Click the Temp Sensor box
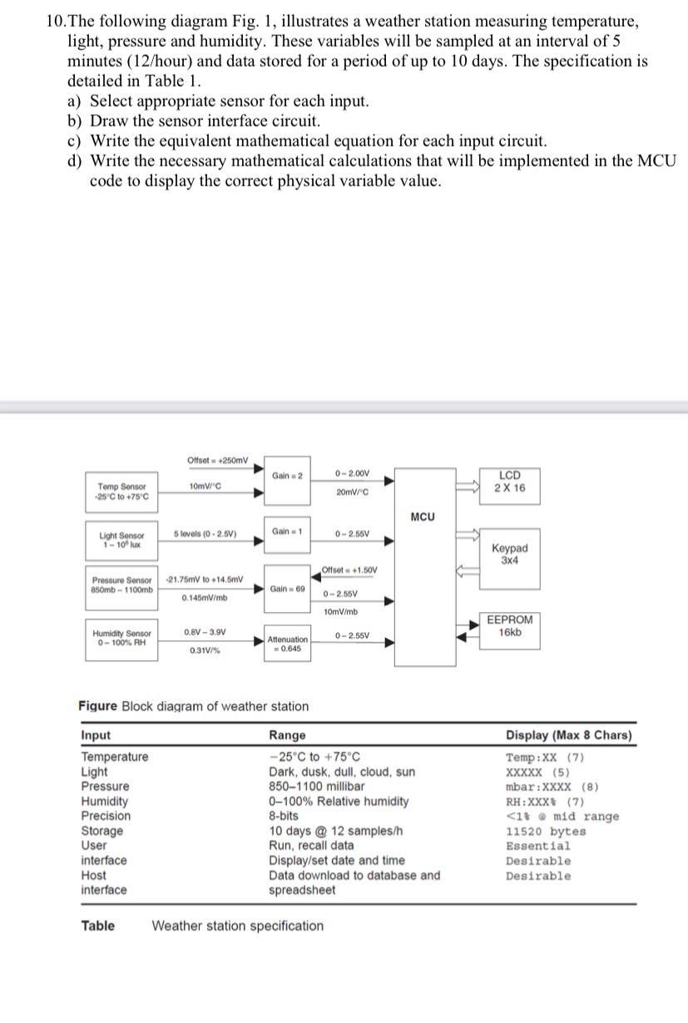tap(121, 492)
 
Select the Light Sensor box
tap(121, 540)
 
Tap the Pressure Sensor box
tap(121, 584)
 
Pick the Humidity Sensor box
tap(121, 639)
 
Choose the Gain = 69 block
tap(287, 589)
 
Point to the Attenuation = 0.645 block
tap(287, 643)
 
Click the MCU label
tap(423, 517)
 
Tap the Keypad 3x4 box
tap(509, 553)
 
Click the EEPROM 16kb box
tap(510, 625)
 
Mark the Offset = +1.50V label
tap(349, 570)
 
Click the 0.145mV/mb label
tap(205, 597)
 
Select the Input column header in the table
tap(96, 735)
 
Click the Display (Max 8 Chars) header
tap(568, 735)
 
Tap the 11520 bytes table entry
tap(546, 831)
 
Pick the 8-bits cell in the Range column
tap(284, 816)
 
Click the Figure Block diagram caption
tap(193, 706)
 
